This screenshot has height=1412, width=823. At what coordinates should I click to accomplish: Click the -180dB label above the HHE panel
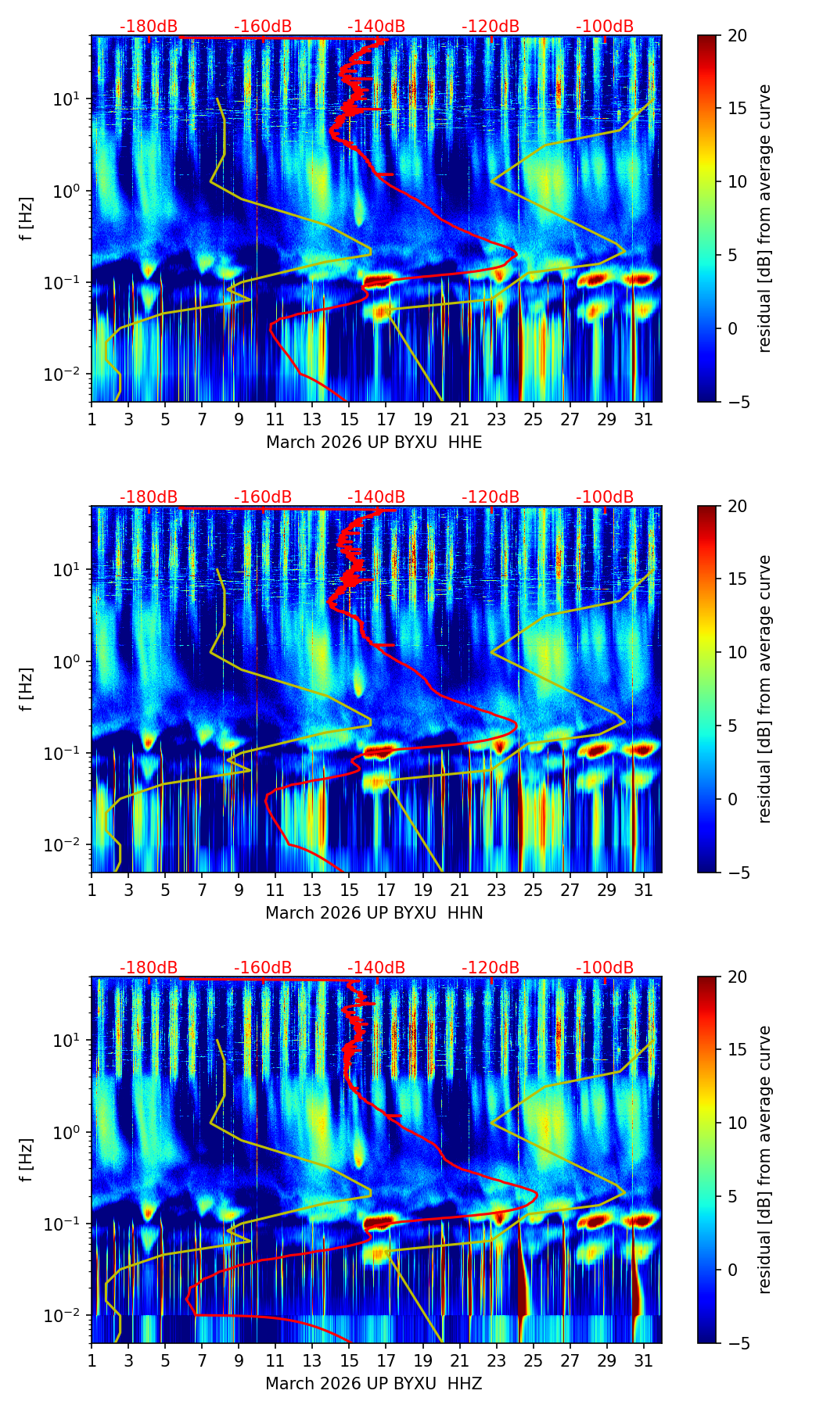point(149,27)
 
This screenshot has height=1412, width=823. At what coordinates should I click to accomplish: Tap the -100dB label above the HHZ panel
point(605,968)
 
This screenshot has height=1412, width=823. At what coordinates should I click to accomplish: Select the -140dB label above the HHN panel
point(376,497)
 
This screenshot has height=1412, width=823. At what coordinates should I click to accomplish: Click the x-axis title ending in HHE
point(374,443)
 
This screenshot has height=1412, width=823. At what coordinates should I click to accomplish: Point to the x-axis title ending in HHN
point(374,913)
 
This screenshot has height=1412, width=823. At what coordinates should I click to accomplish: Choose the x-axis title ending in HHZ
point(374,1384)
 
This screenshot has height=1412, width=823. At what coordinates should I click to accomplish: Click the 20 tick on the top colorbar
point(736,35)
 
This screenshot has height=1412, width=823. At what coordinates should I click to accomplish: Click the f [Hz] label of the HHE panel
point(26,219)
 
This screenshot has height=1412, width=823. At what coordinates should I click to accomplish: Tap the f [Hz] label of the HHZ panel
point(26,1160)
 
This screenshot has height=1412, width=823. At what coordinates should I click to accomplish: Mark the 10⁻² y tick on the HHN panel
point(70,845)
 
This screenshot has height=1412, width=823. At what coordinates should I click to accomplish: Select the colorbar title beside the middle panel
point(765,689)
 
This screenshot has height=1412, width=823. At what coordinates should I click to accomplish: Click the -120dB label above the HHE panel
point(491,27)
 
